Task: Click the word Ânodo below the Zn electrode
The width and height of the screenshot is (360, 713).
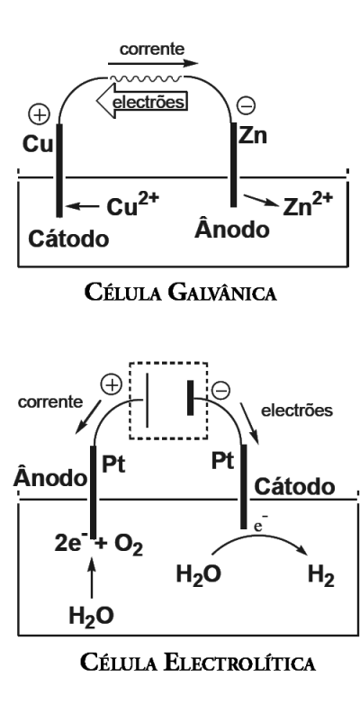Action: pos(232,229)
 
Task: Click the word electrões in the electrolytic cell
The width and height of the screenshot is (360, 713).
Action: pos(299,410)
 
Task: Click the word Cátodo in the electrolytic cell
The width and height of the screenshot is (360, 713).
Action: pos(291,487)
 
